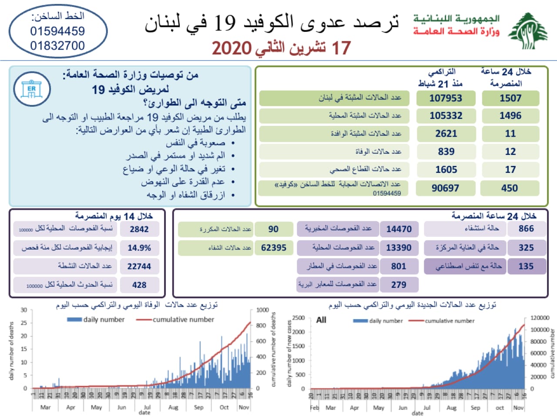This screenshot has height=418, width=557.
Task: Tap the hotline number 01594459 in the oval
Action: [57, 31]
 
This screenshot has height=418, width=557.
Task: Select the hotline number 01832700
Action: [57, 45]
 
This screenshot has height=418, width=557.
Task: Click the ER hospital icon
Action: [32, 89]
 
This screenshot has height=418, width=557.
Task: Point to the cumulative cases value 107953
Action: [446, 98]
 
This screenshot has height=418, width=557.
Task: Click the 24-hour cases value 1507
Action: [510, 98]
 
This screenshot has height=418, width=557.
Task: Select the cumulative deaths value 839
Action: [446, 152]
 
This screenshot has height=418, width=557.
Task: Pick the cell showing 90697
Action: [445, 188]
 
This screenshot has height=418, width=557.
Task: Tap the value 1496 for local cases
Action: [510, 116]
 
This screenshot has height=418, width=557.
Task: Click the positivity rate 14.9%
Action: [139, 248]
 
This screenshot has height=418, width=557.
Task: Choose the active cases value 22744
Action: [139, 266]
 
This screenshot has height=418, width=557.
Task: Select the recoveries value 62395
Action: [274, 248]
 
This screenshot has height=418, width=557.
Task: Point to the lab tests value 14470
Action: [399, 229]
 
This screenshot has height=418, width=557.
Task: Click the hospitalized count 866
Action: [526, 229]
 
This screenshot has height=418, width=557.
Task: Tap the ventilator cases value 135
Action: [526, 266]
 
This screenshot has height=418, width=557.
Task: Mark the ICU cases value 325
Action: [526, 248]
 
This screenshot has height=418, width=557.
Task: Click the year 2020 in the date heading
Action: [232, 48]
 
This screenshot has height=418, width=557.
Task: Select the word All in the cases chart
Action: [321, 320]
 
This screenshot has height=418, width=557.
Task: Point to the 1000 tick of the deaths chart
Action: [262, 310]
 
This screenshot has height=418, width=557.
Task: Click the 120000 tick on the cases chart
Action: [540, 318]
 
